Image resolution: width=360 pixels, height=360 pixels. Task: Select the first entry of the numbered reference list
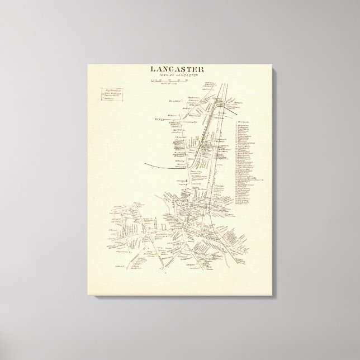point(244,120)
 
